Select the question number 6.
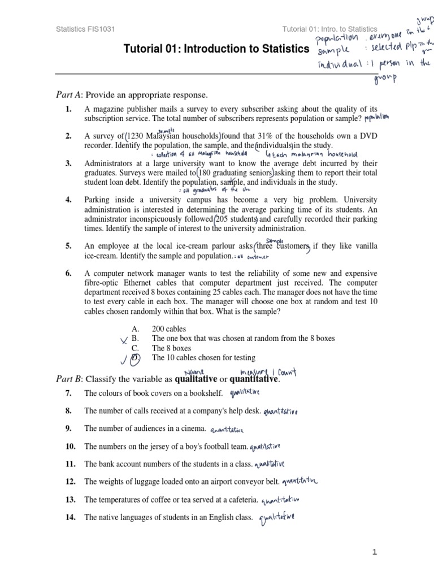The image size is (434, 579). click(68, 273)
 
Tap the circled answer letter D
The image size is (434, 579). click(135, 358)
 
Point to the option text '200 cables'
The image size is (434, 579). click(169, 329)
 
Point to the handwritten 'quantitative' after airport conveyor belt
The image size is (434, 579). click(300, 482)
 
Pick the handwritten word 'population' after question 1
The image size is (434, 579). click(377, 118)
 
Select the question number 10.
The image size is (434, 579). click(70, 446)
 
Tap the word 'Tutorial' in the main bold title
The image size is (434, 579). click(143, 49)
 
